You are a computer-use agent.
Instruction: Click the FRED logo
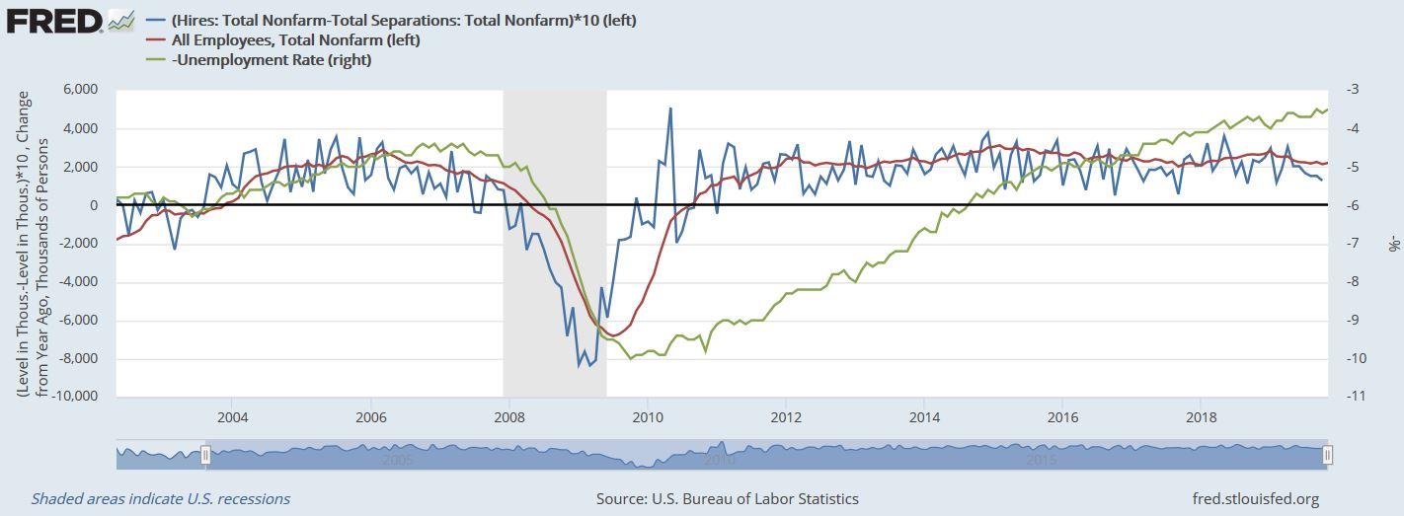[70, 22]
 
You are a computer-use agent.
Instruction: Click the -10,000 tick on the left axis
[75, 396]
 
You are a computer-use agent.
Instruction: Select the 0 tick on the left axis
[94, 205]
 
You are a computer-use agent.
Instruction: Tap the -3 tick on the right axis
[1353, 89]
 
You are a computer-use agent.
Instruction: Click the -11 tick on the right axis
[1355, 396]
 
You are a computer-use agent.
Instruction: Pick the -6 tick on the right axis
[1353, 205]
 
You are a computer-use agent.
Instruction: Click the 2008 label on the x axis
[508, 417]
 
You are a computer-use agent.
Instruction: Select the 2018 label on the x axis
[1201, 417]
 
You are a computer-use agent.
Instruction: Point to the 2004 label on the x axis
[233, 417]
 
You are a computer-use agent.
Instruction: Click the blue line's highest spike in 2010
[670, 109]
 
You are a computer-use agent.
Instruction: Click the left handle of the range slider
[205, 455]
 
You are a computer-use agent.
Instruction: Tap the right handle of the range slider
[1327, 455]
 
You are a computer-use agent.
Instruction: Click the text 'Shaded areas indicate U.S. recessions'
[161, 498]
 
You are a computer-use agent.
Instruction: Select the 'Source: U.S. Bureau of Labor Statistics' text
[727, 498]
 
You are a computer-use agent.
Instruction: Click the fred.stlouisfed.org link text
[1256, 498]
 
